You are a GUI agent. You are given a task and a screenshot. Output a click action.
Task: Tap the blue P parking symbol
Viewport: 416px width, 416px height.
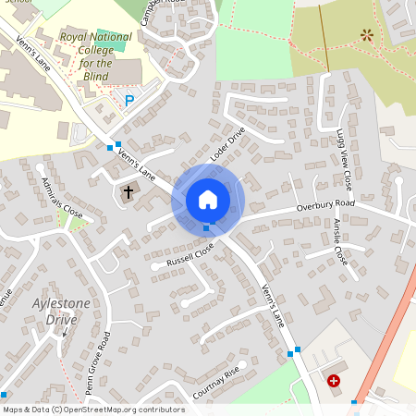point(129,100)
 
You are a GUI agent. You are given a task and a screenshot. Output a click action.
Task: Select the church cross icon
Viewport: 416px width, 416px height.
point(128,193)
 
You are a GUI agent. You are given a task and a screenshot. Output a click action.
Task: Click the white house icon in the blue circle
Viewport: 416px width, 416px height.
point(208,200)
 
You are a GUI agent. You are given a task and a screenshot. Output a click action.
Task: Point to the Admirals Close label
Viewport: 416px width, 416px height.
point(61,198)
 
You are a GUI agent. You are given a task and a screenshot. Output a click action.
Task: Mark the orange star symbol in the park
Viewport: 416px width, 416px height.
point(367,36)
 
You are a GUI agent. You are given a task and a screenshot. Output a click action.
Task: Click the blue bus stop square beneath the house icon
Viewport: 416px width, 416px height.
point(206,227)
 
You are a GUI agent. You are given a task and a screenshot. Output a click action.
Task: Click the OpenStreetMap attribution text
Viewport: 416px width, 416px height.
point(93,409)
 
